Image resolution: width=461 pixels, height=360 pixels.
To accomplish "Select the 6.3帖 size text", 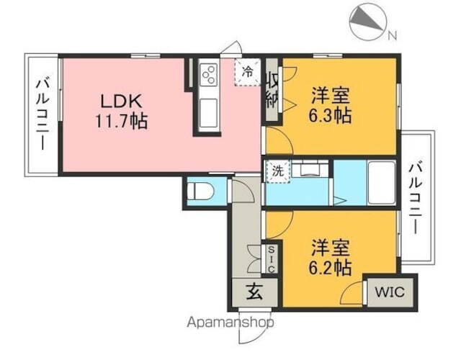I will click(331, 116).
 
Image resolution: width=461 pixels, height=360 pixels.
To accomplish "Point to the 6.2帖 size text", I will click(331, 269).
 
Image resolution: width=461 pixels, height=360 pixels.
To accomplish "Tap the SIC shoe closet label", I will click(272, 259).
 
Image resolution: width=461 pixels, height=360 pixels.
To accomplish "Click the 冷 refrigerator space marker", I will click(247, 71).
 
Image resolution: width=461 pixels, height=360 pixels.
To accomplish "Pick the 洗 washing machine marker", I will click(277, 171).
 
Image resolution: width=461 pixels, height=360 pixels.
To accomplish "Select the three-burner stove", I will click(210, 73).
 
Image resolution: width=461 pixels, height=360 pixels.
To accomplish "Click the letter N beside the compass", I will click(392, 35).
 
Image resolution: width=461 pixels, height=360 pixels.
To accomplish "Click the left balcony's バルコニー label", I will click(42, 115).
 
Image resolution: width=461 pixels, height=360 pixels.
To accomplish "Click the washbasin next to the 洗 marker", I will click(310, 170).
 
